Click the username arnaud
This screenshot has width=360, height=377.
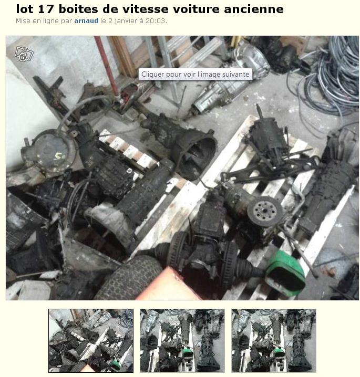coord(86,21)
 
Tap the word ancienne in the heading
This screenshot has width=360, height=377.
coord(254,9)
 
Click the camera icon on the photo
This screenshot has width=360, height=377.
coord(24,54)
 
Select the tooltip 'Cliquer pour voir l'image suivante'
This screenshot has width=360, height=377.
coord(196,74)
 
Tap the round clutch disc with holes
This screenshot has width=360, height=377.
coord(265,212)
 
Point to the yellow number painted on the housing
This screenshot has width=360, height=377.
coord(59,157)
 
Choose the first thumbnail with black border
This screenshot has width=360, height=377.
coord(91,340)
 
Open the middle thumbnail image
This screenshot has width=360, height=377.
coord(182,340)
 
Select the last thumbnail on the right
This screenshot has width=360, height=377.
coord(274,340)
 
